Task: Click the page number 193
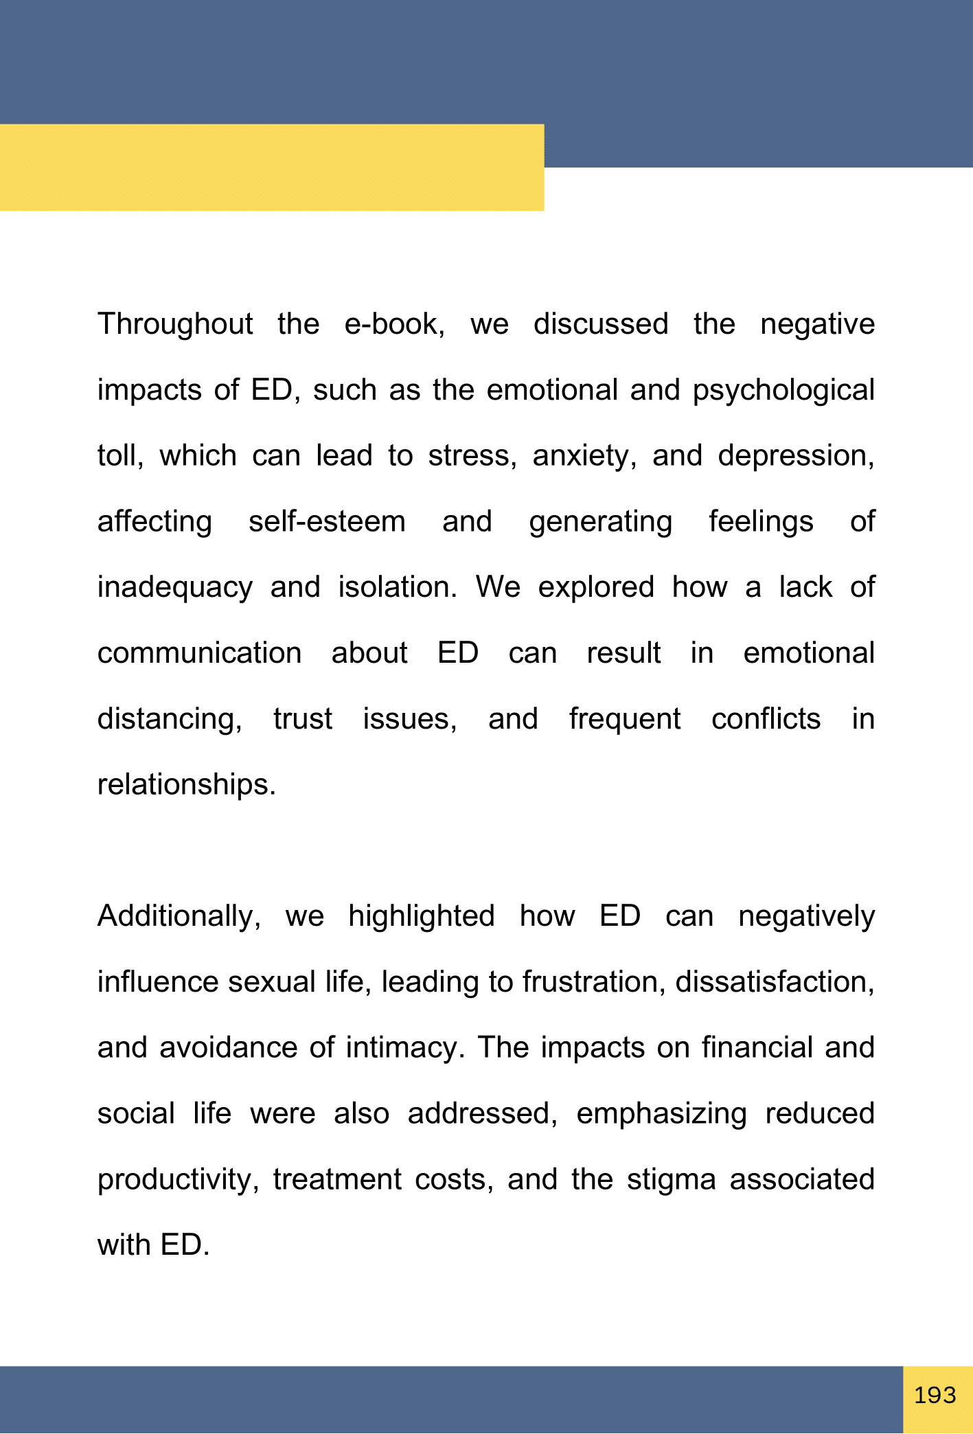pos(935,1396)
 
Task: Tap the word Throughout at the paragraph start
pos(175,324)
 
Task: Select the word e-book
pos(394,324)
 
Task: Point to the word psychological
pos(783,390)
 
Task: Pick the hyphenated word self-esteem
pos(327,521)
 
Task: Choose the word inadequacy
pos(175,588)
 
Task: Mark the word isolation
pos(397,587)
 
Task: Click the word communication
pos(199,653)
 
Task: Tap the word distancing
pos(170,719)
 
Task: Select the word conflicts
pos(766,719)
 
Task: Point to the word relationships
pos(186,785)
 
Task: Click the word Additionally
pos(179,917)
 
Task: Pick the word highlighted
pos(421,917)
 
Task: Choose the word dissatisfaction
pos(775,982)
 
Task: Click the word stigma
pos(671,1180)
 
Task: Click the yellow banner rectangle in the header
pos(272,168)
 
